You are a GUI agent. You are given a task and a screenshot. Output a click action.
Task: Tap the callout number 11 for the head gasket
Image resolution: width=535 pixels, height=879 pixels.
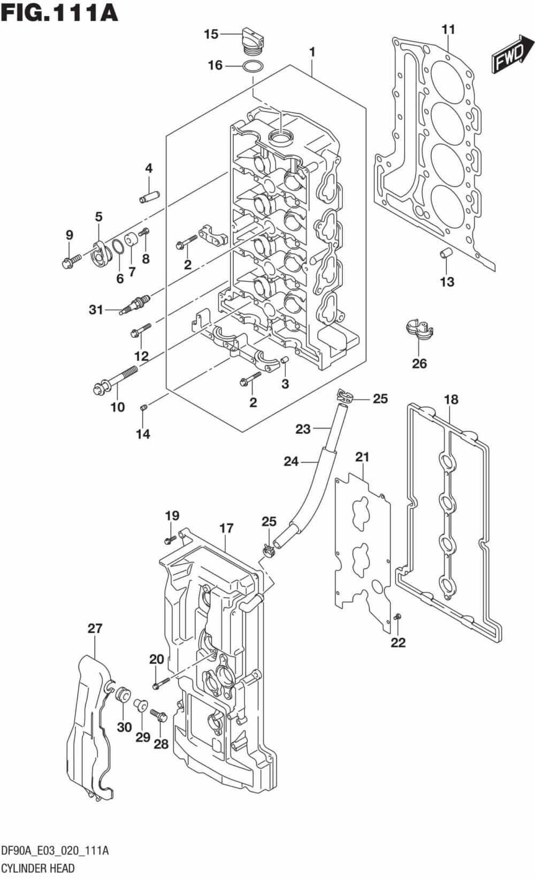click(x=448, y=29)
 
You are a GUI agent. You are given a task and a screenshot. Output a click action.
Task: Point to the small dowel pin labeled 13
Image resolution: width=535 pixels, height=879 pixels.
click(x=445, y=253)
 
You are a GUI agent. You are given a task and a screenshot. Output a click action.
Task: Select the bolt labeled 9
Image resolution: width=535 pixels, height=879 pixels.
click(x=71, y=261)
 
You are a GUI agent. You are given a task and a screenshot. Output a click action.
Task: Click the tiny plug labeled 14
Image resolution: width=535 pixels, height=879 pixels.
click(x=143, y=408)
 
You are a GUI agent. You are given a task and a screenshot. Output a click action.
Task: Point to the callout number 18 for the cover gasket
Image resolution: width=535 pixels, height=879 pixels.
click(x=451, y=399)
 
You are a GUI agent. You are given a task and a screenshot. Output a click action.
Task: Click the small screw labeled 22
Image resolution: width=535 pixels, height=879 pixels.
click(x=398, y=618)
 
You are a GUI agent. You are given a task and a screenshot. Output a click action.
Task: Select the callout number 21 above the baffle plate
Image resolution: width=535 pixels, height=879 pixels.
click(x=362, y=457)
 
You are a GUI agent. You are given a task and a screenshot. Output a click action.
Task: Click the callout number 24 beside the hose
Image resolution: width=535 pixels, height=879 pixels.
click(x=291, y=461)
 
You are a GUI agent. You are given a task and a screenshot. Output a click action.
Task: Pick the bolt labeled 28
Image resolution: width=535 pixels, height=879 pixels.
click(x=159, y=715)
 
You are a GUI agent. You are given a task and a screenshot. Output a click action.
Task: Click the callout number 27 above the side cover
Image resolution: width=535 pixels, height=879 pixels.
click(x=95, y=628)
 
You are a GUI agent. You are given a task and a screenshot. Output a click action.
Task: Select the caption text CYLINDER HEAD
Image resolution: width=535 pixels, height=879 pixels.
click(x=37, y=868)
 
